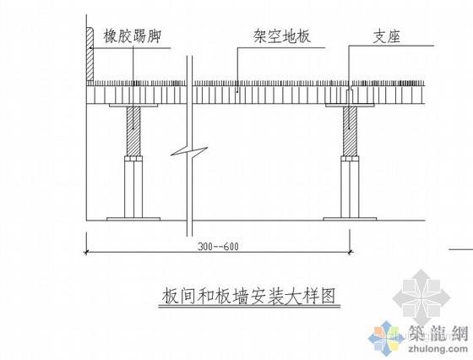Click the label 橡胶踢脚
pyautogui.click(x=132, y=36)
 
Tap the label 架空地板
pyautogui.click(x=282, y=37)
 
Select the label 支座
pyautogui.click(x=387, y=37)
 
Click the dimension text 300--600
pyautogui.click(x=218, y=247)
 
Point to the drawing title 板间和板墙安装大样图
pyautogui.click(x=249, y=296)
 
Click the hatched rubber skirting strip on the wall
pyautogui.click(x=90, y=54)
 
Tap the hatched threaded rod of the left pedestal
pyautogui.click(x=133, y=131)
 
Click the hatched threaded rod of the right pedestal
pyautogui.click(x=350, y=131)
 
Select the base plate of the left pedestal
pyautogui.click(x=133, y=219)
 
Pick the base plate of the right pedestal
pyautogui.click(x=350, y=219)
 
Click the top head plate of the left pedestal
pyautogui.click(x=133, y=106)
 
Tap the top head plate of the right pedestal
pyautogui.click(x=350, y=106)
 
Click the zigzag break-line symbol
pyautogui.click(x=189, y=151)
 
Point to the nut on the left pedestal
pyautogui.click(x=133, y=159)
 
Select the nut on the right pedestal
pyautogui.click(x=350, y=159)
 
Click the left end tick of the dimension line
pyautogui.click(x=87, y=251)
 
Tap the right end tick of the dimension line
pyautogui.click(x=350, y=251)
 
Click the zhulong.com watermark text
pyautogui.click(x=438, y=349)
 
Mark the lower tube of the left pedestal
pyautogui.click(x=133, y=190)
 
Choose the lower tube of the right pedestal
pyautogui.click(x=350, y=190)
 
